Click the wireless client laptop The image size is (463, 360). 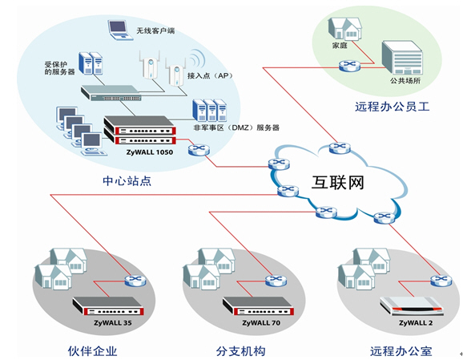click(x=120, y=30)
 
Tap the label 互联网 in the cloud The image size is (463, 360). click(x=338, y=182)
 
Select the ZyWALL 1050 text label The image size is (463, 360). click(x=150, y=152)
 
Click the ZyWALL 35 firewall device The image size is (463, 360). click(x=108, y=306)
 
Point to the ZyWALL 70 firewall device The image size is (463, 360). click(x=258, y=306)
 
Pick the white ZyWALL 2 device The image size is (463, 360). click(x=412, y=306)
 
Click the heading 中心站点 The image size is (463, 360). click(x=127, y=181)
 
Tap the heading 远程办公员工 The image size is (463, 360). click(x=393, y=107)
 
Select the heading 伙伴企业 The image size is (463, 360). click(x=92, y=351)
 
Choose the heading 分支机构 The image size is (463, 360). click(x=240, y=351)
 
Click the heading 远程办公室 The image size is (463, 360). click(x=401, y=351)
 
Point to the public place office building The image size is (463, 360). click(x=402, y=58)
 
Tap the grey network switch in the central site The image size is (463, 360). click(x=111, y=93)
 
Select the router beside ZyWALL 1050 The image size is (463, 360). click(x=199, y=150)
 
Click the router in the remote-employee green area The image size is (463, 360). click(x=349, y=66)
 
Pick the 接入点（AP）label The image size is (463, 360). click(x=210, y=75)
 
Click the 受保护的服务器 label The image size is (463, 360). click(x=59, y=68)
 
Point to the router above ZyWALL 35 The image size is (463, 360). click(x=135, y=281)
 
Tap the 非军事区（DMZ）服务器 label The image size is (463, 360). click(x=236, y=127)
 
